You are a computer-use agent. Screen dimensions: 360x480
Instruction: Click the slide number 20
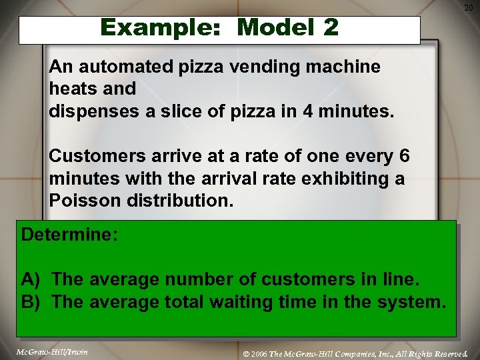(x=468, y=7)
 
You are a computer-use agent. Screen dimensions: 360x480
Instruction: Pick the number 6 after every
(x=404, y=156)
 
